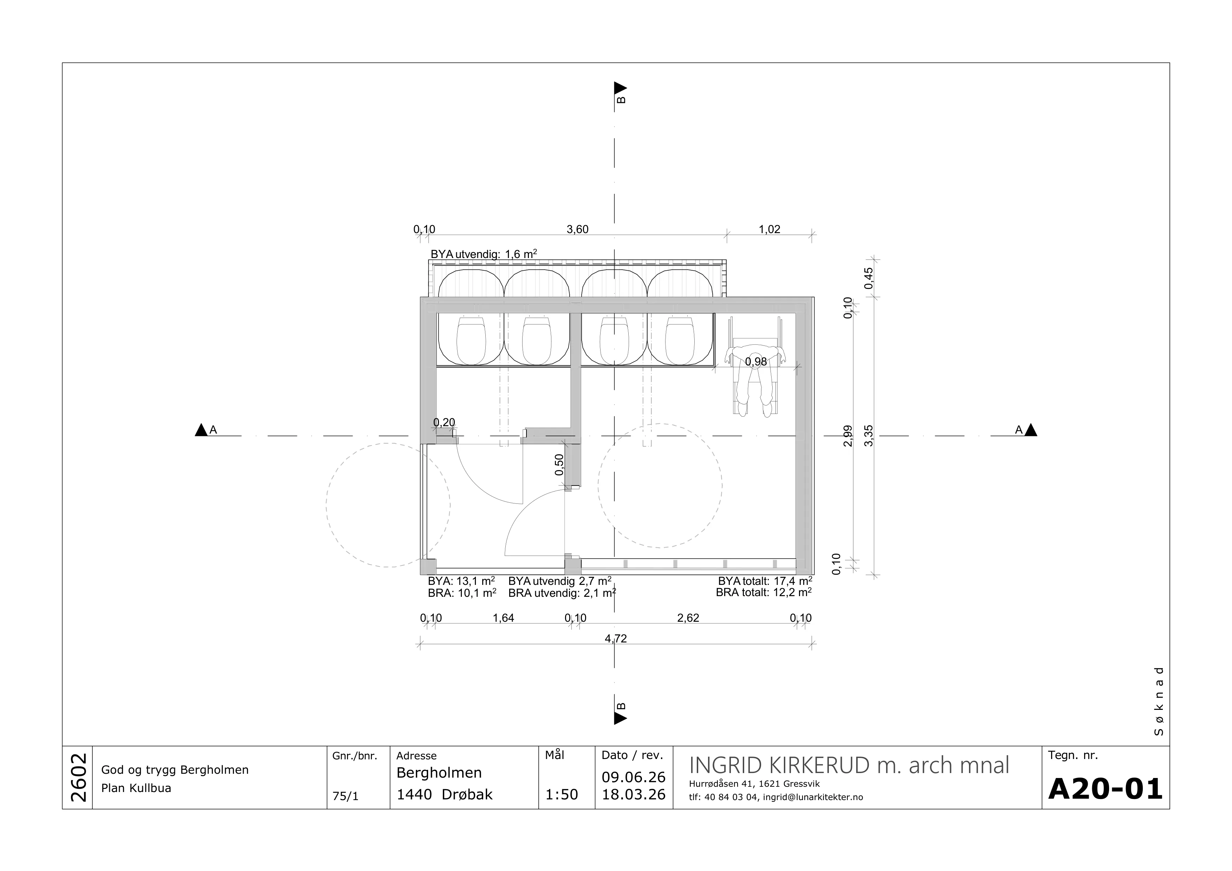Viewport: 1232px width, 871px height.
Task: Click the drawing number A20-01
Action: click(1105, 790)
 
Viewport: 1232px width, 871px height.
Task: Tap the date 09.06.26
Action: click(634, 777)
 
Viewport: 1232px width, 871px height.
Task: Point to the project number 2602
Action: click(78, 777)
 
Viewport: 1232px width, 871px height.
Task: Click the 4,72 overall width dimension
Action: click(616, 639)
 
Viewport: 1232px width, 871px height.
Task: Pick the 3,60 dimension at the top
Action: click(577, 230)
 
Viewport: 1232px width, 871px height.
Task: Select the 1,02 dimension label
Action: click(769, 230)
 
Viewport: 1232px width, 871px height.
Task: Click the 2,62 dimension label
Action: click(688, 618)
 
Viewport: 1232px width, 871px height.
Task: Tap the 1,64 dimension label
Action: click(503, 618)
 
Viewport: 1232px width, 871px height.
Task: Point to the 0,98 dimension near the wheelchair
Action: click(756, 362)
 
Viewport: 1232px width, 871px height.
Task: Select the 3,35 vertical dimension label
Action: click(869, 435)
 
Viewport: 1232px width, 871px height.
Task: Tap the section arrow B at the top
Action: click(620, 88)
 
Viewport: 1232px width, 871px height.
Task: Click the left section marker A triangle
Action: click(201, 430)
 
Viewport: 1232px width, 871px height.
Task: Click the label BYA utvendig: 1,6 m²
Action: click(484, 254)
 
